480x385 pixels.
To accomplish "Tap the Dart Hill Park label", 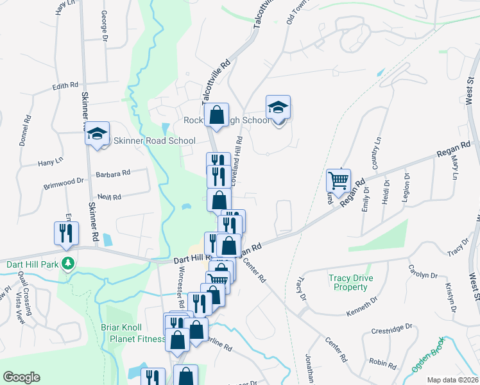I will (32, 264).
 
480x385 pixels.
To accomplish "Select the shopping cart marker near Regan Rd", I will (338, 181).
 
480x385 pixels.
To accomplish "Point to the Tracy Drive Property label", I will (350, 283).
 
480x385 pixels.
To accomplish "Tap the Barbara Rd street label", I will (113, 173).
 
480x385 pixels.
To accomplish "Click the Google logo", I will (21, 377).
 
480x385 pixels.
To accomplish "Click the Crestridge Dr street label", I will (391, 329).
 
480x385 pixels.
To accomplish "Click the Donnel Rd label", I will (25, 130).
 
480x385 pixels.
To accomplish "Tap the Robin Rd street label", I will (383, 363).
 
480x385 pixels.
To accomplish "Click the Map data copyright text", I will (452, 380).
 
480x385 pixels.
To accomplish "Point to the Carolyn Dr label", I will (424, 271).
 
